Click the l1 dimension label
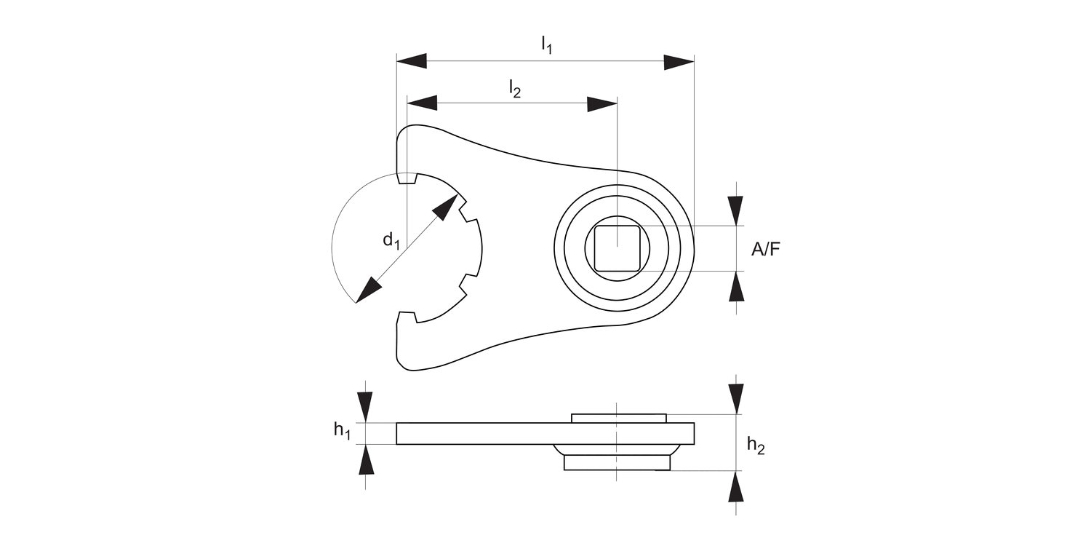click(546, 45)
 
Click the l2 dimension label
click(514, 88)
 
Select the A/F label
click(767, 250)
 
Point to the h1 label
click(342, 430)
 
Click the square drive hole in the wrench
click(617, 248)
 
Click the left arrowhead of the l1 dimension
click(411, 61)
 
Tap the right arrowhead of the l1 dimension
click(679, 61)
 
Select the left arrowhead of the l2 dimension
click(422, 103)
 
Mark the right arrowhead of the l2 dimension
click(602, 103)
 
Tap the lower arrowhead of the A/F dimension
click(736, 285)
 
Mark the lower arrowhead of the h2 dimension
click(736, 486)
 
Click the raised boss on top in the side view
click(618, 418)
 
